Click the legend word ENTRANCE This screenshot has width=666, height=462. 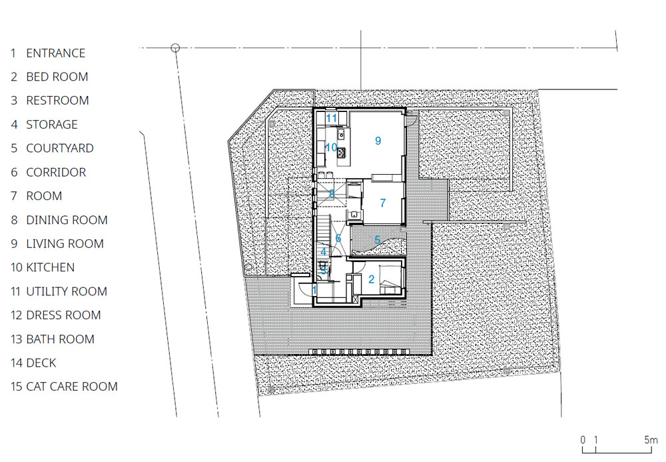coord(56,53)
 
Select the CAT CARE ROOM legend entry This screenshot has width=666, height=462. coord(72,387)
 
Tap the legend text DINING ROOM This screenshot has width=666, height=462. coord(67,220)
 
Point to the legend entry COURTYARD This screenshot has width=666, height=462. coord(60,148)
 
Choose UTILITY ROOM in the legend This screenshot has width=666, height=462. coord(67,291)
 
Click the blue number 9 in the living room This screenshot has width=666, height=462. coord(378,141)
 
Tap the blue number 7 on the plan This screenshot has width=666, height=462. coord(383,203)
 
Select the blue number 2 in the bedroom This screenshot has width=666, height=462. coord(371,279)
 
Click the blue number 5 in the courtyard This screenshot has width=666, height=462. coord(377,240)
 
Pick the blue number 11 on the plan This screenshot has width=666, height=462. coord(331,118)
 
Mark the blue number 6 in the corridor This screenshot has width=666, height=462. coord(338,238)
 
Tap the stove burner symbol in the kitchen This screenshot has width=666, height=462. coord(342,152)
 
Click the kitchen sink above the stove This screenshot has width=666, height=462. coord(341,135)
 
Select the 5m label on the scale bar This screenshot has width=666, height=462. coord(651,440)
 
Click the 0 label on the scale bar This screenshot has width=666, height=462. coord(583,440)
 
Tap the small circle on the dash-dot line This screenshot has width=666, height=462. coord(175,48)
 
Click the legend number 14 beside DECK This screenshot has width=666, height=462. coord(16,363)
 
